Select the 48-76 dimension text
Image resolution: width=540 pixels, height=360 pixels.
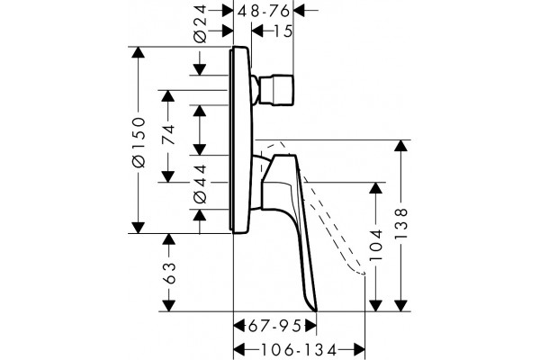coord(264,12)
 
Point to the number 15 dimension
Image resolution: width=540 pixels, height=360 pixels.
coord(283,31)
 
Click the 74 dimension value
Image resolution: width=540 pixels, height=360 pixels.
coord(168,135)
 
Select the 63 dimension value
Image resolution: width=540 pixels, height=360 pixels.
coord(169,274)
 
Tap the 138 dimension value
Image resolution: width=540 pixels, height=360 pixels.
coord(400,223)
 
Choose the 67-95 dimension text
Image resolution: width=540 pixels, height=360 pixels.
coord(274,326)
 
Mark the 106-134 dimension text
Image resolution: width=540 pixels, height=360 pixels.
coord(298,351)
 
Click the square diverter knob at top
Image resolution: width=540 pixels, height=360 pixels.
coord(276,90)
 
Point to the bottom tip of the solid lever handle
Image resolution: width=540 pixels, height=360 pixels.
coord(316,311)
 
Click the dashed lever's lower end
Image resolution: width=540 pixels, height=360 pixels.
coord(364,274)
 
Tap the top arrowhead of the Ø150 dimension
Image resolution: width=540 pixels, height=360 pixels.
coord(138,52)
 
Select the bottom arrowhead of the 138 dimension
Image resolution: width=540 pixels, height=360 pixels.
coord(400,306)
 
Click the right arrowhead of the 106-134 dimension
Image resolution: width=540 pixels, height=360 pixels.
coord(359,350)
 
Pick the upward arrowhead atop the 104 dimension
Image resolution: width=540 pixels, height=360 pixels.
coord(375,188)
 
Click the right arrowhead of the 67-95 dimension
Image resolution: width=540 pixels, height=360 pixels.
coord(310,325)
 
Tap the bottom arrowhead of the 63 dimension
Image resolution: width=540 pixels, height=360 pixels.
coord(168,306)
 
